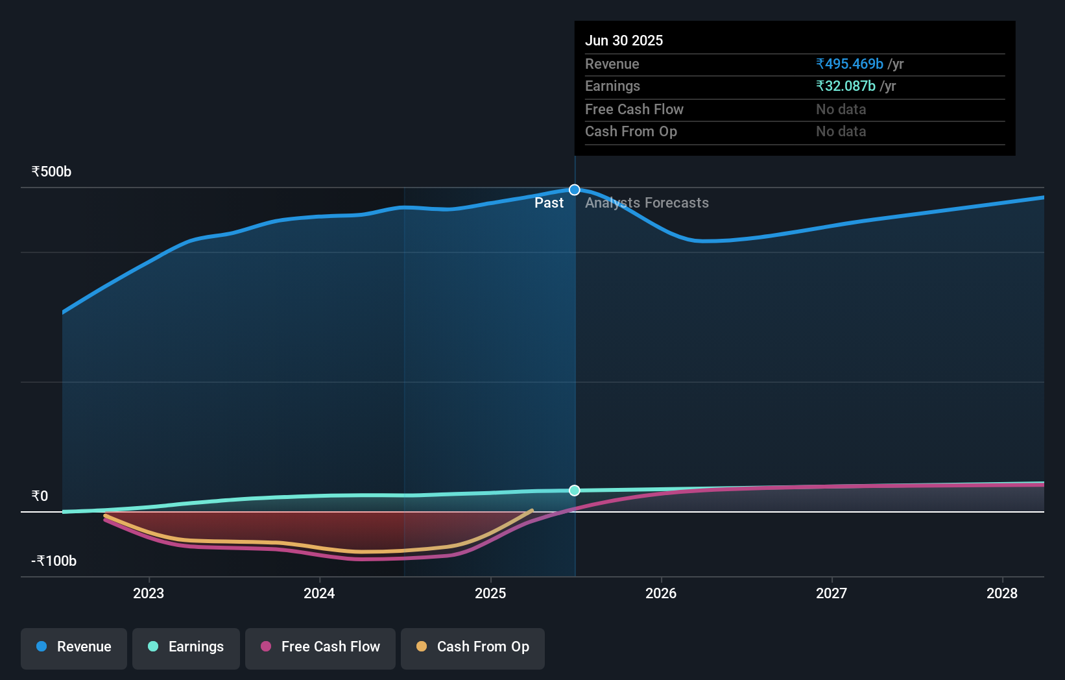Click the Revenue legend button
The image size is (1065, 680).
[x=74, y=647]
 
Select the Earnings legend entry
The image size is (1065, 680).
[x=186, y=647]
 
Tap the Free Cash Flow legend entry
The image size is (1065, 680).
[x=320, y=647]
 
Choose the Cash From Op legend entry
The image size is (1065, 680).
[x=473, y=647]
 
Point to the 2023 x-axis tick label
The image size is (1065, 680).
[x=149, y=593]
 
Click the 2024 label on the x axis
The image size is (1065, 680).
[x=319, y=593]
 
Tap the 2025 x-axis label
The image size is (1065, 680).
[x=490, y=593]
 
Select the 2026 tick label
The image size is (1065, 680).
[x=661, y=593]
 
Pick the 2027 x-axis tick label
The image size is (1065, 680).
[x=832, y=593]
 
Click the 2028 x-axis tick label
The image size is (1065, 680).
[x=1002, y=593]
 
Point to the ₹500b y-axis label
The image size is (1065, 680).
[x=51, y=172]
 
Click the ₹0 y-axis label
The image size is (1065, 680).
[x=40, y=496]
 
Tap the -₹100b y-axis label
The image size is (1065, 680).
[x=54, y=561]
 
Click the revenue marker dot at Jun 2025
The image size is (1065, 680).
[x=575, y=190]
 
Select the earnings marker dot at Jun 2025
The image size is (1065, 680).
[x=575, y=491]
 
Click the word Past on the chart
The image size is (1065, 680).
[x=549, y=203]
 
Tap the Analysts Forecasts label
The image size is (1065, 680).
[x=647, y=203]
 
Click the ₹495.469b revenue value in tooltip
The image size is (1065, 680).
[x=850, y=64]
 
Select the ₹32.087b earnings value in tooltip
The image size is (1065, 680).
[x=846, y=86]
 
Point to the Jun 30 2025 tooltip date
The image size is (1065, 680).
[x=624, y=41]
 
